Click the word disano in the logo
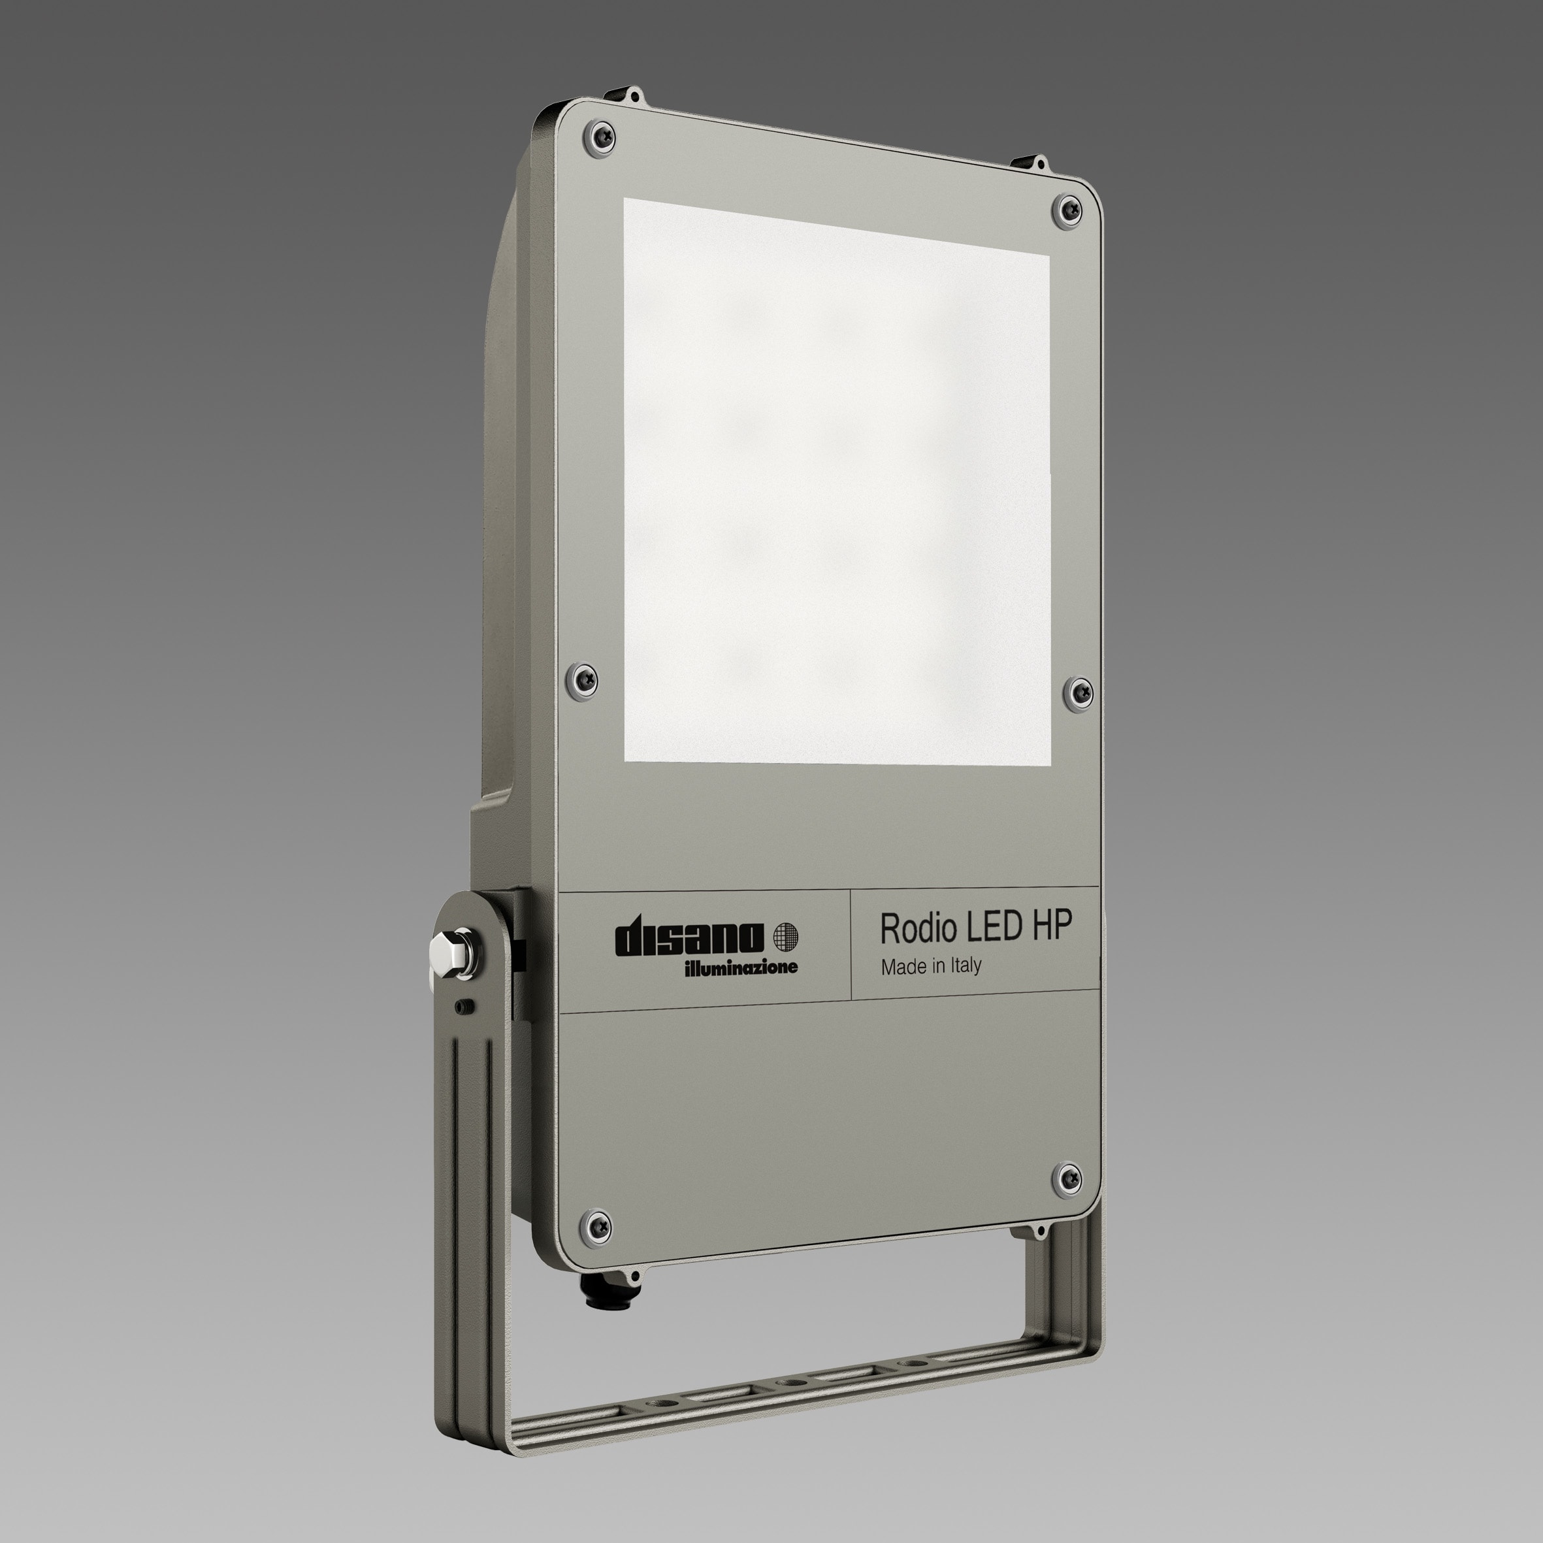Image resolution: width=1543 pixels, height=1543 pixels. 689,939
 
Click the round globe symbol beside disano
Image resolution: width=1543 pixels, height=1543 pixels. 786,935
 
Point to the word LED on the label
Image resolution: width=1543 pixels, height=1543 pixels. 994,926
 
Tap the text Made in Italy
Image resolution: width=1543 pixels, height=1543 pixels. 930,966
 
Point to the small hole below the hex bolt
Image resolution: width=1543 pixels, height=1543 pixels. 462,1006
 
